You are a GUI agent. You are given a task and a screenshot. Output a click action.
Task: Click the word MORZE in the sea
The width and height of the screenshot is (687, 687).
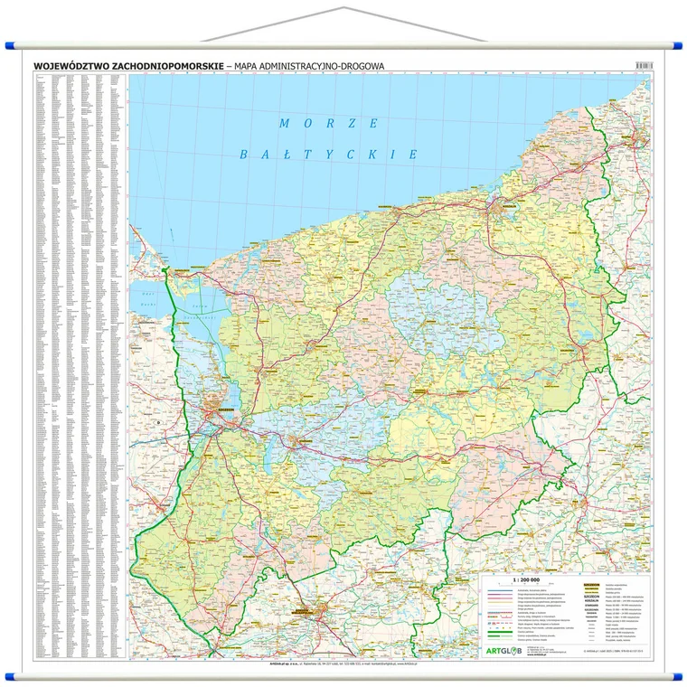pos(329,123)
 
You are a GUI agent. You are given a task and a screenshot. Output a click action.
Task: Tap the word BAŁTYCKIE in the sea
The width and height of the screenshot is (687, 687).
pos(328,155)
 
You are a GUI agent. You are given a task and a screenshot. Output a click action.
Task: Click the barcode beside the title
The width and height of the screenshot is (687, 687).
pos(644,66)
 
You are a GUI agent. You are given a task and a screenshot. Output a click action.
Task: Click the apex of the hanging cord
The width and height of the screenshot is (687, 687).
pos(344,8)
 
